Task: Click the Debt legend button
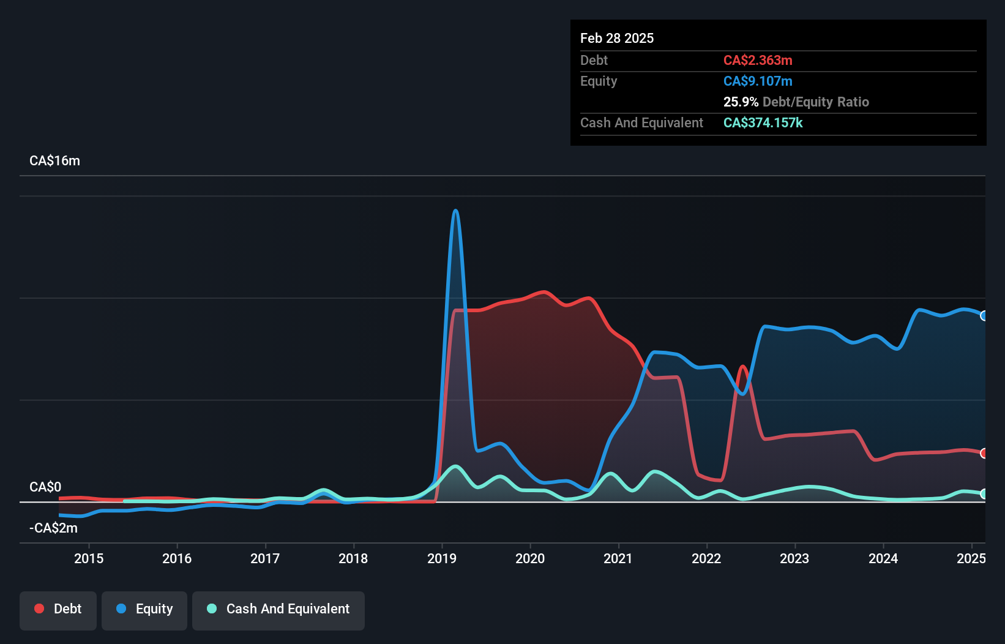[x=58, y=609]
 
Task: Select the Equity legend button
[x=144, y=609]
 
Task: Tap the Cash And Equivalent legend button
[x=278, y=609]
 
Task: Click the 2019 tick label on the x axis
[x=441, y=558]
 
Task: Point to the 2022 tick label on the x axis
[x=706, y=558]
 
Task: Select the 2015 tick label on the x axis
[x=89, y=558]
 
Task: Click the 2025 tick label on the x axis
[x=971, y=558]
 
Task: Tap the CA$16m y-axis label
[x=54, y=161]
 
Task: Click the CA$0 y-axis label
[x=45, y=487]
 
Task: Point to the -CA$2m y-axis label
[x=53, y=528]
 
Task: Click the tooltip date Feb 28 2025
[x=617, y=38]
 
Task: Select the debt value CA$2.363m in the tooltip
[x=758, y=60]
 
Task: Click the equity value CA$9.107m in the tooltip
[x=758, y=81]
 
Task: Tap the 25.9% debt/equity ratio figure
[x=741, y=102]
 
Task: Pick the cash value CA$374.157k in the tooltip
[x=763, y=122]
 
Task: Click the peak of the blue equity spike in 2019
[x=455, y=211]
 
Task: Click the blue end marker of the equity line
[x=984, y=316]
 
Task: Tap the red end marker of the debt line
[x=984, y=453]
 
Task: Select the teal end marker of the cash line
[x=984, y=493]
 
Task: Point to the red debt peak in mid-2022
[x=742, y=367]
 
